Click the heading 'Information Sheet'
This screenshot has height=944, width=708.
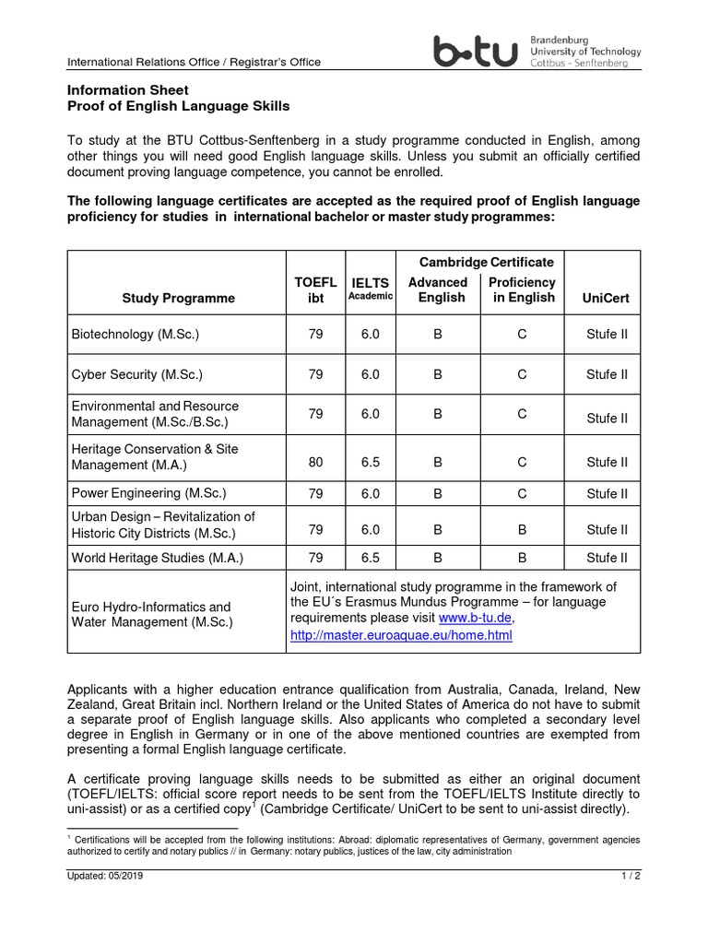point(128,90)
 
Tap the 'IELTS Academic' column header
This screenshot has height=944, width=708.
point(370,289)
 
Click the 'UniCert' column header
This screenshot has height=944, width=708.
point(606,298)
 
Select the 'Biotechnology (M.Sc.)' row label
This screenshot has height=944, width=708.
point(136,334)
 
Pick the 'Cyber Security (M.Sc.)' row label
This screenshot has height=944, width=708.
point(136,374)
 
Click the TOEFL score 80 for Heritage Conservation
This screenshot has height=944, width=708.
point(316,462)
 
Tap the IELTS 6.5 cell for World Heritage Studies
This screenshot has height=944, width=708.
point(370,558)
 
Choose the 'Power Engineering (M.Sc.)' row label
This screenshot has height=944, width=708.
point(148,493)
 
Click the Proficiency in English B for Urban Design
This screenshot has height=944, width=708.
point(521,529)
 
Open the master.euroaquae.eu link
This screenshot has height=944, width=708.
point(401,635)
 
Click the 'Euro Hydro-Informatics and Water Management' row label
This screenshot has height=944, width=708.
point(152,615)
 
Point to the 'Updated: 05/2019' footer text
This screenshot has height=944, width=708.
point(105,876)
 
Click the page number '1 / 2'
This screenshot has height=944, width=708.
point(631,876)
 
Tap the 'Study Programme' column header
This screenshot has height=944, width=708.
point(178,298)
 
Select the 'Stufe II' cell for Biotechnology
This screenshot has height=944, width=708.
point(606,334)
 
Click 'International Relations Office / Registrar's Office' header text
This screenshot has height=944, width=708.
point(195,62)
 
